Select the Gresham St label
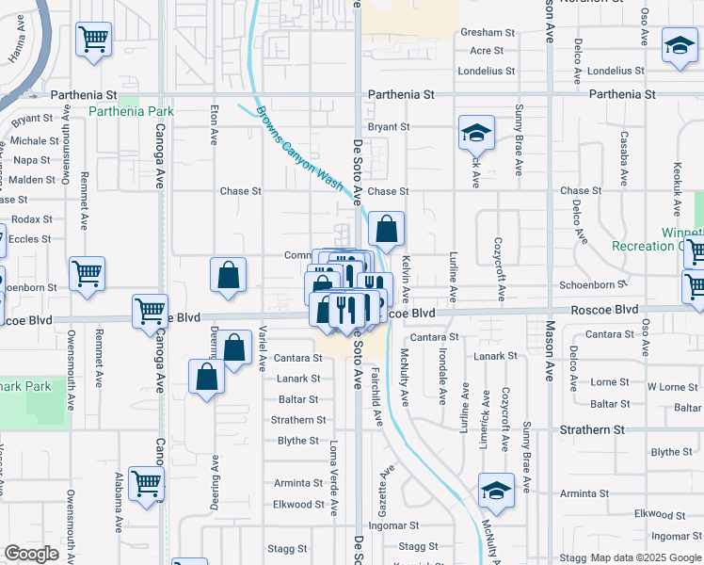point(488,32)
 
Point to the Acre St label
point(487,51)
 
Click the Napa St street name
point(32,160)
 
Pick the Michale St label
point(36,141)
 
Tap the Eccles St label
point(30,239)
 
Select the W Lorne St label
point(672,387)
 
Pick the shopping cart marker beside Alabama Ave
point(146,483)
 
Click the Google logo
point(32,554)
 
